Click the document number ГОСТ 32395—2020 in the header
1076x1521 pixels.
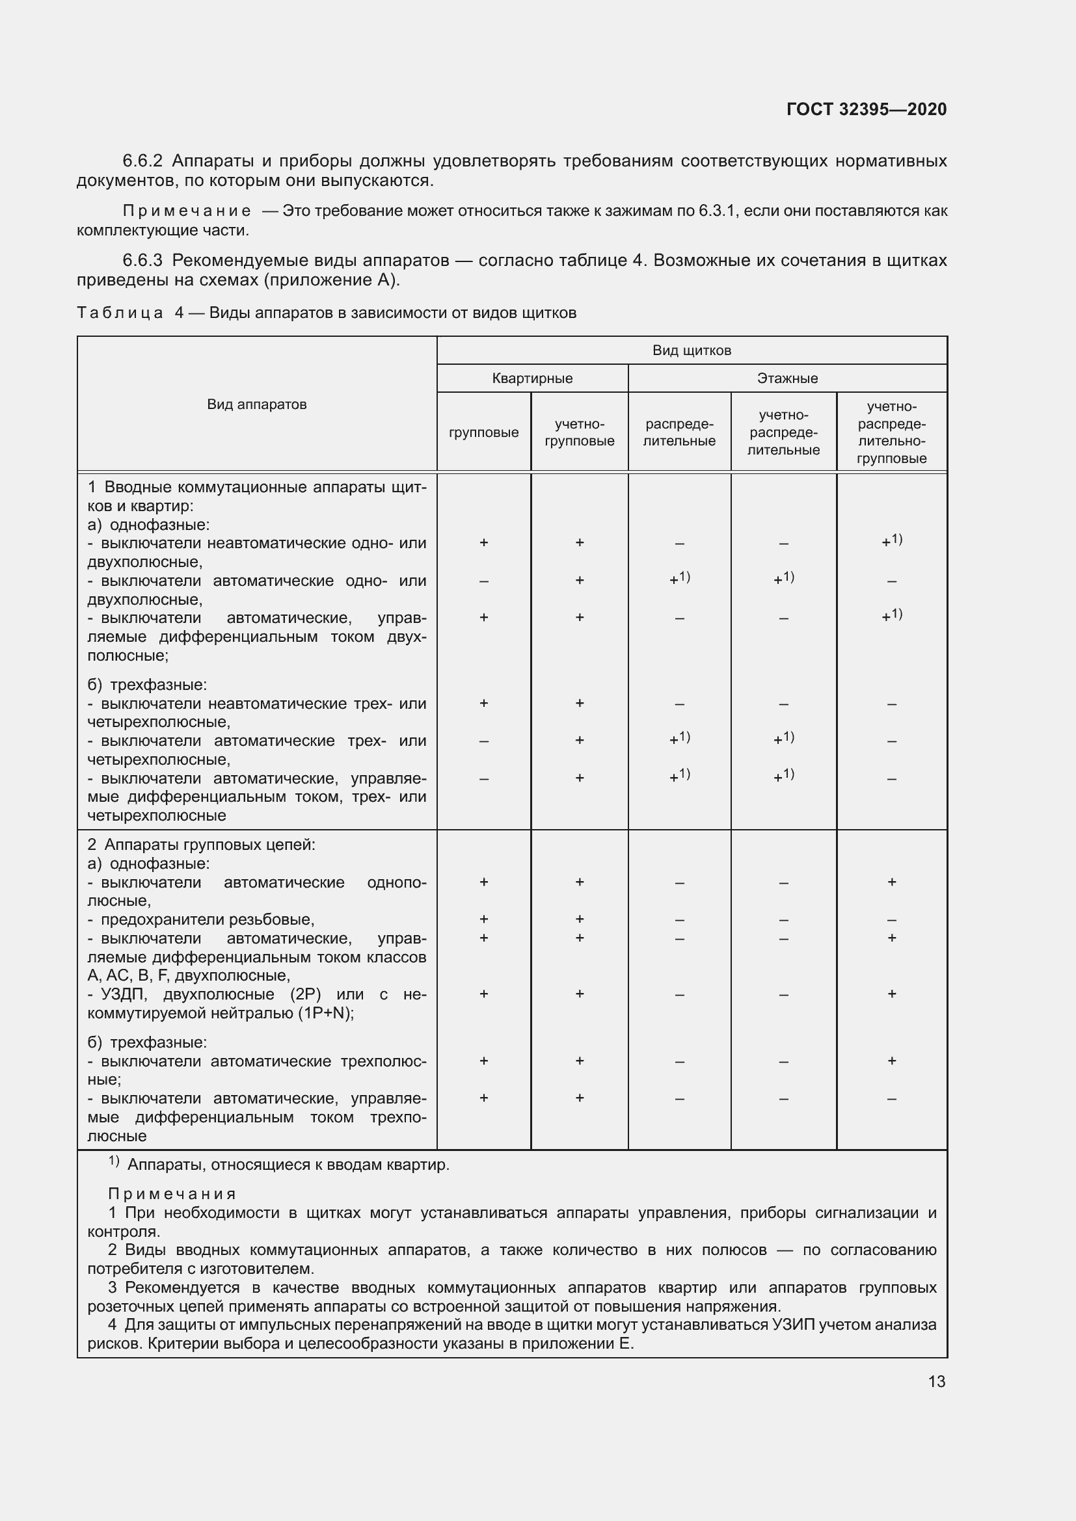866,109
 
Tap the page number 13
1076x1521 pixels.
936,1381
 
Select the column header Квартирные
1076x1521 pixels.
532,378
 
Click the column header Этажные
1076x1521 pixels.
787,378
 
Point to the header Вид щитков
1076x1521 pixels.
691,350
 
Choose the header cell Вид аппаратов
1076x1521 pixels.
256,404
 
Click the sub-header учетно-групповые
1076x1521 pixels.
579,432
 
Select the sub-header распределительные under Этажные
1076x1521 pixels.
679,432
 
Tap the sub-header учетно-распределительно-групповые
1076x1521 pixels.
891,432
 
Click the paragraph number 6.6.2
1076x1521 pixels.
142,161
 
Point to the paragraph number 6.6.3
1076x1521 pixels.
142,260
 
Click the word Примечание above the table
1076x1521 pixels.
186,211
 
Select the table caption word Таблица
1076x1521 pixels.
120,313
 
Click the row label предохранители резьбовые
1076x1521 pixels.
207,919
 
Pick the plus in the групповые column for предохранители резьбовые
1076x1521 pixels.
483,919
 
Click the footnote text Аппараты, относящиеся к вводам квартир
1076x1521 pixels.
288,1165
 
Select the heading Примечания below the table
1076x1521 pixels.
172,1195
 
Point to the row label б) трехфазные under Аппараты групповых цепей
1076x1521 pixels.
146,1042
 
